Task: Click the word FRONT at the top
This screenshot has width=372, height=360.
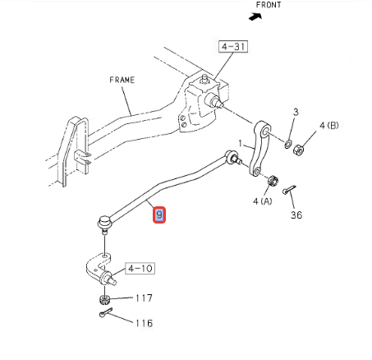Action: tap(269, 5)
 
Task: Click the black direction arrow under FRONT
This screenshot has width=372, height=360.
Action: tap(255, 16)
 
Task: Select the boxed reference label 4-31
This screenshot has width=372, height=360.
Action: tap(233, 47)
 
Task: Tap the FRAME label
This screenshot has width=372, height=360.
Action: tap(122, 80)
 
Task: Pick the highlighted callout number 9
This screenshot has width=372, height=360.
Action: tap(159, 215)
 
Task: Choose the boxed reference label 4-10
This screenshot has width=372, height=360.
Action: tap(140, 268)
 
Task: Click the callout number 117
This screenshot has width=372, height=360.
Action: tap(144, 298)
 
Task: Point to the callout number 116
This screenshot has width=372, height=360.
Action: tap(145, 323)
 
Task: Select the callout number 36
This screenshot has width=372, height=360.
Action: tap(296, 215)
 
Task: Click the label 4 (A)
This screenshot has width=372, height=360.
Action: tap(263, 201)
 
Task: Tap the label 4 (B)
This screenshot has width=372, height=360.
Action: tap(329, 126)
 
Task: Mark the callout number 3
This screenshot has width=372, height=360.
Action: tap(296, 112)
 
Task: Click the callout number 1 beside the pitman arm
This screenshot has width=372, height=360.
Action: tap(241, 143)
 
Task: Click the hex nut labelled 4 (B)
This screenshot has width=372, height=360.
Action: tap(298, 150)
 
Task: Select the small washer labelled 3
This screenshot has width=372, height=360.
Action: tap(287, 144)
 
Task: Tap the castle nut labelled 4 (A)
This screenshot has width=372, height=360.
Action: tap(273, 180)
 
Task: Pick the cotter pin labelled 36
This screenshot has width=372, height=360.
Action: tap(289, 190)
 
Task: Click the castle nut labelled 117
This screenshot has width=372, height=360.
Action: tap(104, 299)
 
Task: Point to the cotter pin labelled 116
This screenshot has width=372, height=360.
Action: tap(106, 312)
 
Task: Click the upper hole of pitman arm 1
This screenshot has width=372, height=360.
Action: tap(265, 132)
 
